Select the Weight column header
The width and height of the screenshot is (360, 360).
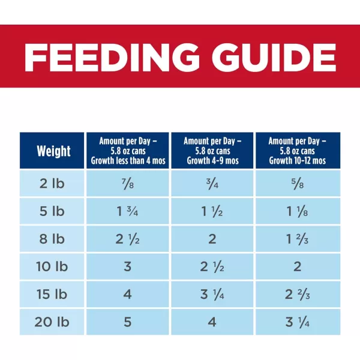(x=53, y=151)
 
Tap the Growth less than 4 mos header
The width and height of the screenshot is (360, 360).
(x=128, y=151)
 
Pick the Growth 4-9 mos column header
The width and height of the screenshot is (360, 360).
(x=213, y=151)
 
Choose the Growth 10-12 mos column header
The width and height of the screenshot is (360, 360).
(x=298, y=151)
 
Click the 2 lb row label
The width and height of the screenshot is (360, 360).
(x=53, y=184)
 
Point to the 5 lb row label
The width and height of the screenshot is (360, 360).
(x=53, y=211)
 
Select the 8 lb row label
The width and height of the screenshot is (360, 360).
(x=53, y=239)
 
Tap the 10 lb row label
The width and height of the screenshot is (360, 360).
(x=53, y=266)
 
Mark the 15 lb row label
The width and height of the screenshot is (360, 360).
(x=53, y=295)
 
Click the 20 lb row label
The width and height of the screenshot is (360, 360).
(x=53, y=322)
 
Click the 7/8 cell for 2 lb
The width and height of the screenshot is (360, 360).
(x=128, y=184)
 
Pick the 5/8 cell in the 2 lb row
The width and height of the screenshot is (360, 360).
(x=298, y=184)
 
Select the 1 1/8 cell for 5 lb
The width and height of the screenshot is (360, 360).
(x=298, y=211)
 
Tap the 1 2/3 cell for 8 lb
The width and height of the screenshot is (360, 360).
(x=298, y=239)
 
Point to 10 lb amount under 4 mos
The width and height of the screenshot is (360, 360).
(x=128, y=266)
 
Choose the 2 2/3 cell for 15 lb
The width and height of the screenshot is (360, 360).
(x=298, y=295)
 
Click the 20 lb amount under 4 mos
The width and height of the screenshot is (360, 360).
(x=128, y=322)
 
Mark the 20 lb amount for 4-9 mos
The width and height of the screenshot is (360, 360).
(x=213, y=322)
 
